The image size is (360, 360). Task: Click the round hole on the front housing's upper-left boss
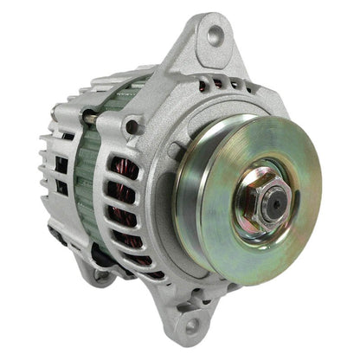132,127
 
